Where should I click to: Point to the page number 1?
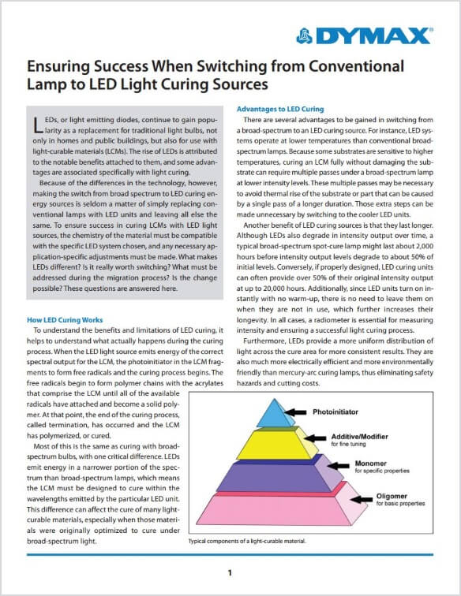[230, 572]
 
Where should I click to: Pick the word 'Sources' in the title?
[238, 84]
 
